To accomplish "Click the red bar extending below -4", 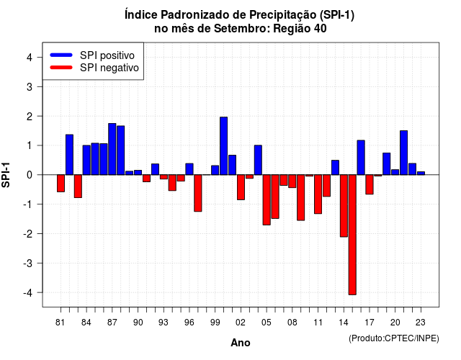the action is tap(352, 235).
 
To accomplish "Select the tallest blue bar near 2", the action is tap(224, 146).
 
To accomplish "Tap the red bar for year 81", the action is tap(61, 184).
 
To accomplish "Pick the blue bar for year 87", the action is tap(112, 149).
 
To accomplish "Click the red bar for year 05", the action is tap(267, 200).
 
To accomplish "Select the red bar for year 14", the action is tap(344, 206).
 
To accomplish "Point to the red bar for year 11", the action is tap(318, 194).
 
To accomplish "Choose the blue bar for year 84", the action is tap(86, 160).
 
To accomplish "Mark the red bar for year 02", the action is tap(241, 187).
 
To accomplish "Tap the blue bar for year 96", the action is tap(189, 169).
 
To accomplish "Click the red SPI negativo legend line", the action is tap(61, 67).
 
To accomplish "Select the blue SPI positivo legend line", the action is tap(61, 55).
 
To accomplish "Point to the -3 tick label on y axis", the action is tap(28, 263).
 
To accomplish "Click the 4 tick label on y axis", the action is tap(30, 58).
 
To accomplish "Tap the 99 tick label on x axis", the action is tap(215, 323).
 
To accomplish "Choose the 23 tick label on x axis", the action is tap(421, 323).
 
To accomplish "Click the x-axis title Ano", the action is tap(241, 343).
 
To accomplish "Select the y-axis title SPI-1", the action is tap(6, 175).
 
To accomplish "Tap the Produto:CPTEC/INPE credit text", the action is tap(394, 338).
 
